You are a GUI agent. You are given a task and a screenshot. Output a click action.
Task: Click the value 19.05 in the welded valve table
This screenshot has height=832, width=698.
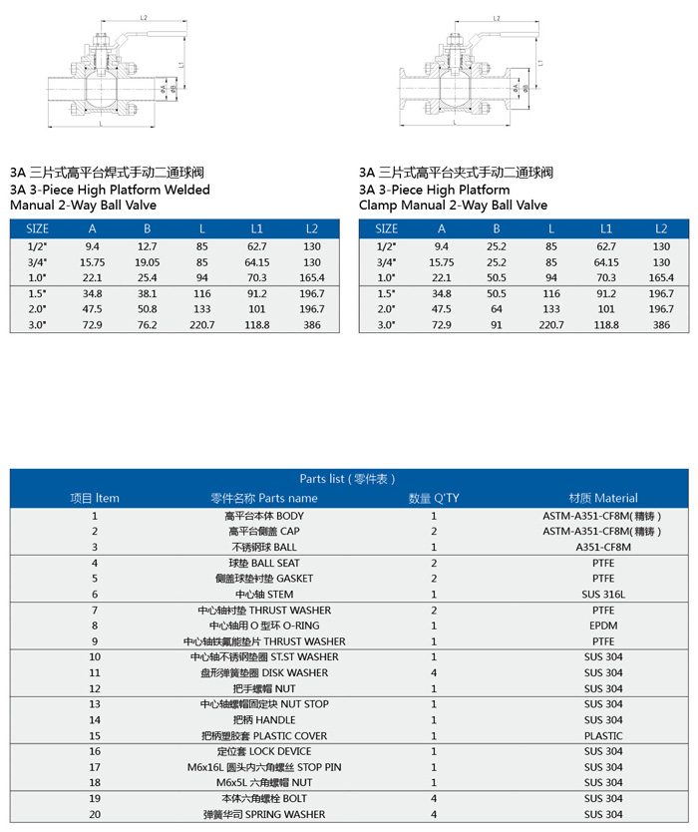(x=147, y=261)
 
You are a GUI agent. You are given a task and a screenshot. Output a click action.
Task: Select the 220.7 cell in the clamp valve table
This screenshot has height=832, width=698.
(x=551, y=325)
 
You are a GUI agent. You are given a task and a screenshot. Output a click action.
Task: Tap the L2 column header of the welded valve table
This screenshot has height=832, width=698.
(x=312, y=228)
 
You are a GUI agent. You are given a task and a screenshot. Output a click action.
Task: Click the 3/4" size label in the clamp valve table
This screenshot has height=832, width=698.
(x=386, y=261)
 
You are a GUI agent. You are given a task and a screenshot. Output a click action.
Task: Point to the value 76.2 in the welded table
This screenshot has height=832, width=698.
(x=148, y=325)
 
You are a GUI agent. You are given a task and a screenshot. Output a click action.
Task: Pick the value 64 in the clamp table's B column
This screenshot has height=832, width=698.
(x=497, y=309)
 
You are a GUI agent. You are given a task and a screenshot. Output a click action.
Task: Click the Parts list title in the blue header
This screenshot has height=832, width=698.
(x=348, y=479)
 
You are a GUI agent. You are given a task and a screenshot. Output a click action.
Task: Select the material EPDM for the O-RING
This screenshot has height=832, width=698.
(x=602, y=625)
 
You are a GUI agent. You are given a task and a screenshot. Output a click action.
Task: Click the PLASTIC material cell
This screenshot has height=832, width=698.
(x=602, y=736)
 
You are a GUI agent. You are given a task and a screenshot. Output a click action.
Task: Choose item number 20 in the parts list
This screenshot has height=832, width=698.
(x=95, y=814)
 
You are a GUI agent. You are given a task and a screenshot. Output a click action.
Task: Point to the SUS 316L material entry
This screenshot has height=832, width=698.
(x=602, y=595)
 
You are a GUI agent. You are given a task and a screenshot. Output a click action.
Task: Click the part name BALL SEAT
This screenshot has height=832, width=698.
(x=263, y=563)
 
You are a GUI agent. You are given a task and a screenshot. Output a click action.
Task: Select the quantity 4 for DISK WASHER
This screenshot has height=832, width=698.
(x=434, y=672)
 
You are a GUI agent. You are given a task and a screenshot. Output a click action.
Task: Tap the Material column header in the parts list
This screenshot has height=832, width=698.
(x=602, y=498)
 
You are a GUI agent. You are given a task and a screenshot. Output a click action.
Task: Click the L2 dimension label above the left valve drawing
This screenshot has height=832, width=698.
(x=144, y=18)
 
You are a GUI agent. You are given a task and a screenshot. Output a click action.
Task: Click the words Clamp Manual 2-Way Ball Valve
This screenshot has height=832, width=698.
(x=453, y=205)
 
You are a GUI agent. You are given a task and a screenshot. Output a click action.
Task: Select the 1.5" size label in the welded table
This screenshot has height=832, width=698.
(x=37, y=293)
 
